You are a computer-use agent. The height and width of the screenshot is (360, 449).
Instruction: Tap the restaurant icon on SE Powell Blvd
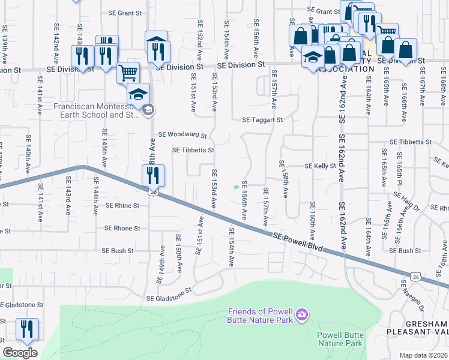pyautogui.click(x=153, y=175)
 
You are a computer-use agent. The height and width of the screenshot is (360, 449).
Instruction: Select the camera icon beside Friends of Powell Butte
pyautogui.click(x=302, y=314)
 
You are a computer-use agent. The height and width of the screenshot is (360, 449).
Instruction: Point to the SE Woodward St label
pyautogui.click(x=182, y=135)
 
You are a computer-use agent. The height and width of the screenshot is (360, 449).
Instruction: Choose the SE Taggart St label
pyautogui.click(x=262, y=120)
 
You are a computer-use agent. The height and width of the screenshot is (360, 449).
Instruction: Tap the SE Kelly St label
pyautogui.click(x=319, y=166)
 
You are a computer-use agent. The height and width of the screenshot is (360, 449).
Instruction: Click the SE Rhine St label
pyautogui.click(x=122, y=205)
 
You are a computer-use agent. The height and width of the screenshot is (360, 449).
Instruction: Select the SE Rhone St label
pyautogui.click(x=122, y=229)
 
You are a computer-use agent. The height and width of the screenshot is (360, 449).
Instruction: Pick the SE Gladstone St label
pyautogui.click(x=169, y=290)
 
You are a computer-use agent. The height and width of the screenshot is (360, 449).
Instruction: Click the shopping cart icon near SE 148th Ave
pyautogui.click(x=128, y=73)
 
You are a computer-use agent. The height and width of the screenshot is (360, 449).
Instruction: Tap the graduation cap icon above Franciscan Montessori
pyautogui.click(x=138, y=94)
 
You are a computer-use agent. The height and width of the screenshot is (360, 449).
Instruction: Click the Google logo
pyautogui.click(x=20, y=353)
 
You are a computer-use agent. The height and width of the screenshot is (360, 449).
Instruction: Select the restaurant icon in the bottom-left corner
pyautogui.click(x=27, y=329)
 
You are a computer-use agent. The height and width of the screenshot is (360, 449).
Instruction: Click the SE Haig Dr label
pyautogui.click(x=407, y=202)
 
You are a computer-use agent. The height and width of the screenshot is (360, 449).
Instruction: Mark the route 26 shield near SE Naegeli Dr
pyautogui.click(x=415, y=276)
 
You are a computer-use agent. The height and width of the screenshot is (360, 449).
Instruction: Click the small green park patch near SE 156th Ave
pyautogui.click(x=235, y=187)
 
